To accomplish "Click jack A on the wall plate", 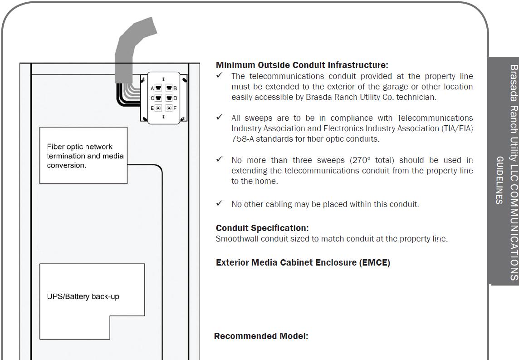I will (x=158, y=88).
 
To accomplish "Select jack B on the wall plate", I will (x=169, y=88).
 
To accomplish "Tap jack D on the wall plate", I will (x=169, y=98).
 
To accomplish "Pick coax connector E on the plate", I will (x=158, y=108).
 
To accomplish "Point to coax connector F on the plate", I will (x=169, y=108).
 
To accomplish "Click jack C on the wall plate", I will (x=158, y=98).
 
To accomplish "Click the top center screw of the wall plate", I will (x=163, y=79).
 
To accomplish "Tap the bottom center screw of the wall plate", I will (x=163, y=117).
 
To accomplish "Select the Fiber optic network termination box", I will (x=83, y=155).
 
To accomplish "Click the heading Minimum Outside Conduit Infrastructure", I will (x=302, y=65).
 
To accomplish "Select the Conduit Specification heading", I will (x=262, y=228).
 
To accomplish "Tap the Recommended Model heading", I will (x=261, y=336).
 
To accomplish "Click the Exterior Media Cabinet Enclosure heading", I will (x=303, y=262).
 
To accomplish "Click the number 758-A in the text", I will (x=243, y=139).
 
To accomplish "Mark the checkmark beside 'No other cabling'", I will (x=220, y=203).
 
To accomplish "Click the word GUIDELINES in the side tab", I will (x=499, y=180).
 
